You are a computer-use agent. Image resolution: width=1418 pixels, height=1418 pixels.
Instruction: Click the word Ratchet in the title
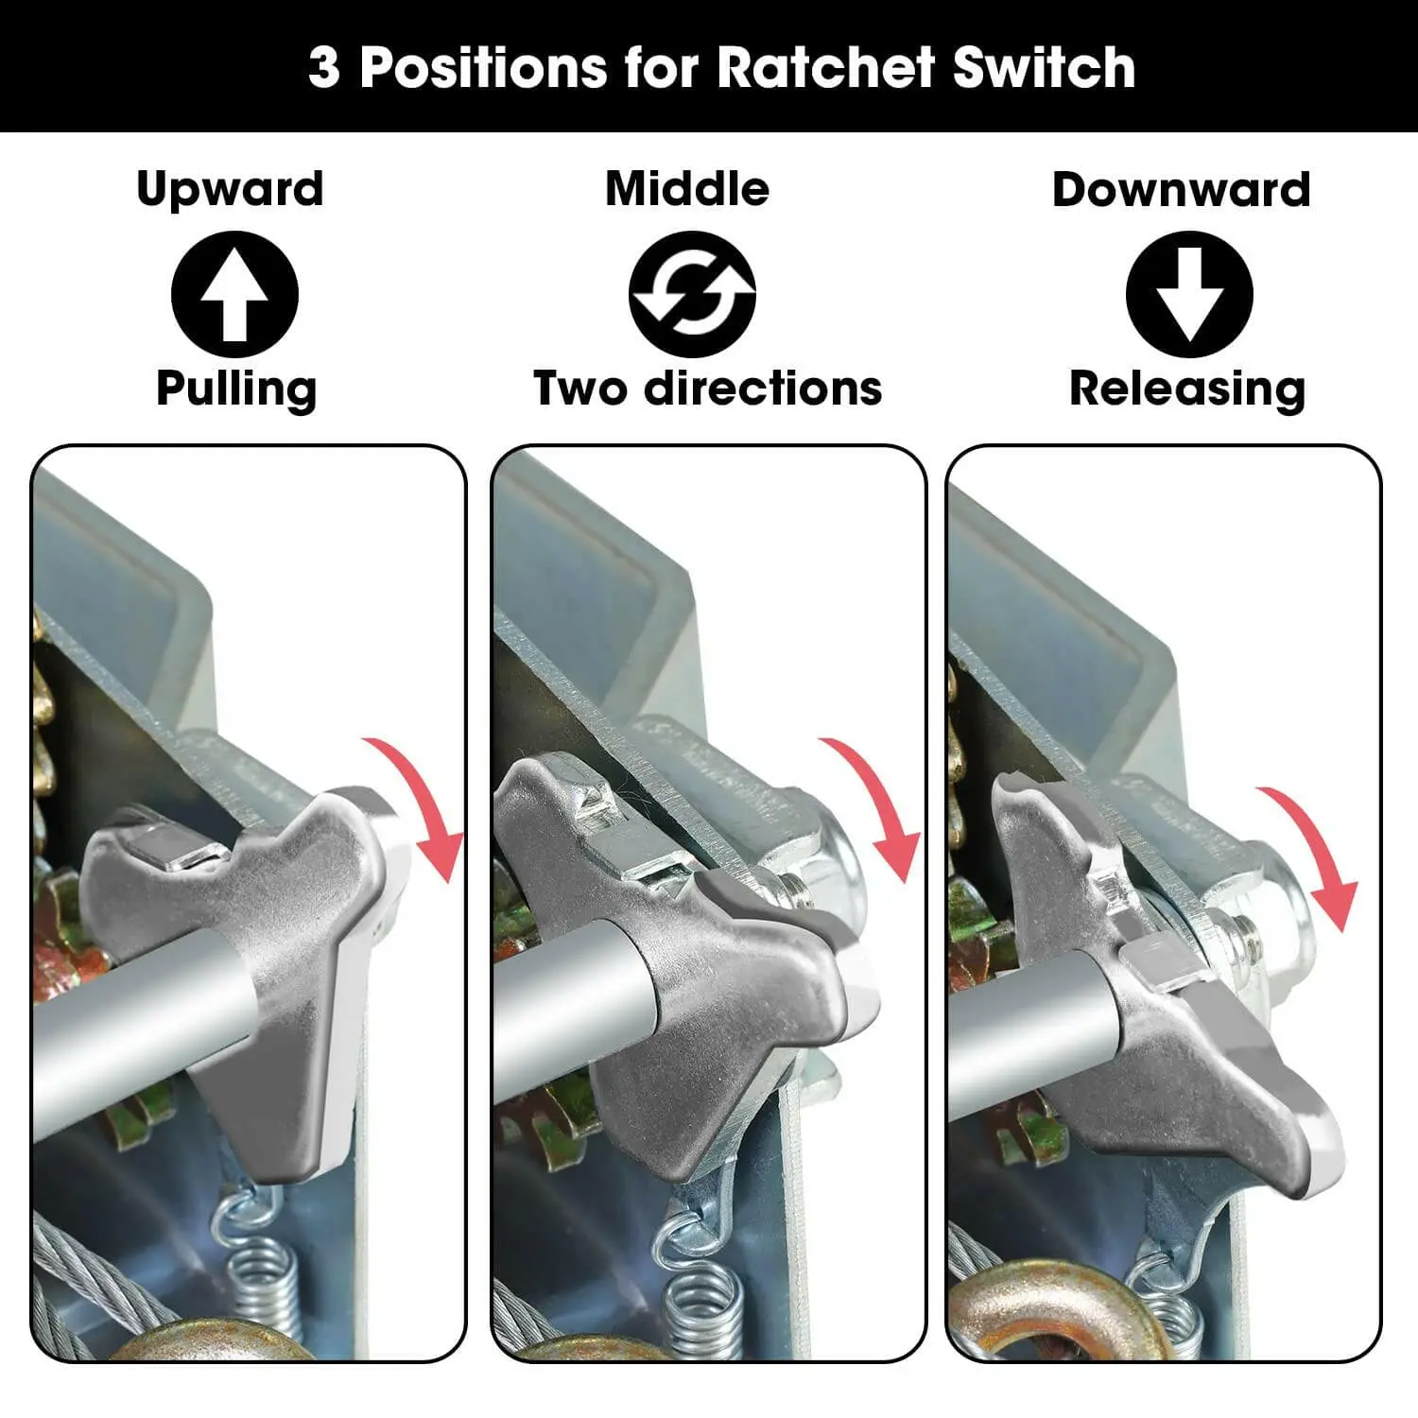tap(826, 67)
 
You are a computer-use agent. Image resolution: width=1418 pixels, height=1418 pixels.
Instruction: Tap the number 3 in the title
tap(323, 68)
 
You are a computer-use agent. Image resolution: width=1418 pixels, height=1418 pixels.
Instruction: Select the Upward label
tap(231, 190)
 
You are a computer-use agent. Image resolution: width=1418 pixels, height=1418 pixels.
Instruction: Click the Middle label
tap(687, 188)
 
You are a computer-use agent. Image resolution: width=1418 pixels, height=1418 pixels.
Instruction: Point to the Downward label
tap(1182, 189)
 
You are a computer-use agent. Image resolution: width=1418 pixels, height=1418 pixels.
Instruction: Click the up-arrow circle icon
tap(234, 294)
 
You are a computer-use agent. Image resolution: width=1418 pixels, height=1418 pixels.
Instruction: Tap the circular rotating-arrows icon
tap(692, 294)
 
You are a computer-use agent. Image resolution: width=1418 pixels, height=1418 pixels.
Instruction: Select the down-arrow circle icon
tap(1189, 294)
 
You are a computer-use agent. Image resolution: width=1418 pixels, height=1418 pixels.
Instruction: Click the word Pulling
tap(236, 389)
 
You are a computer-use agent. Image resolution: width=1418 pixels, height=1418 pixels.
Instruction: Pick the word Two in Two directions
tap(580, 388)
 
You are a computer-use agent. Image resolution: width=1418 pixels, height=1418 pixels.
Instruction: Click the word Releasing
tap(1187, 389)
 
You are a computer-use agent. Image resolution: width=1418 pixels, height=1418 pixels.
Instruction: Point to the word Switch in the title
tap(1044, 67)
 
